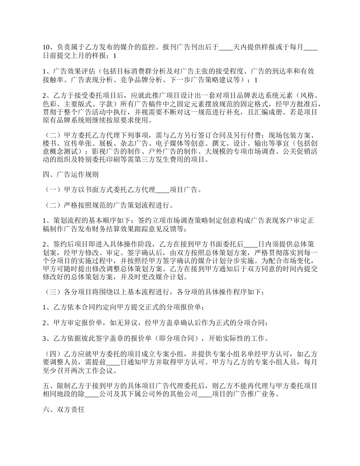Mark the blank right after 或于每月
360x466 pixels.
click(x=311, y=47)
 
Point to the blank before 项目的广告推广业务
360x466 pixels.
click(x=205, y=394)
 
